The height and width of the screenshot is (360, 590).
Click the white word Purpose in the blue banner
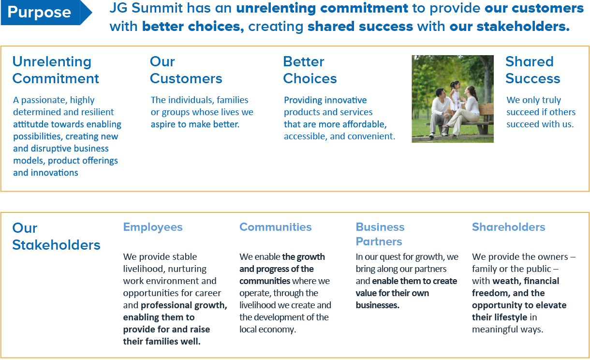click(x=39, y=13)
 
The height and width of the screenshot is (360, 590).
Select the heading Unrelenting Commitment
click(x=56, y=70)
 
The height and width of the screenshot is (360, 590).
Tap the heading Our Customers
click(x=186, y=70)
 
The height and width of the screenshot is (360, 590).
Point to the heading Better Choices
click(x=310, y=70)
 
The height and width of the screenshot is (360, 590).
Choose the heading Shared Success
click(x=532, y=70)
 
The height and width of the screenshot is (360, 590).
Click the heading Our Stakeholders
click(x=57, y=237)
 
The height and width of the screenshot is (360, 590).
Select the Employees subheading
click(x=153, y=227)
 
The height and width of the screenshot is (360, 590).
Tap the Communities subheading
click(x=276, y=227)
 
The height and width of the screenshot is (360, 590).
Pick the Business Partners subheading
click(x=380, y=234)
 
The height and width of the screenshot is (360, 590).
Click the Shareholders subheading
click(x=508, y=227)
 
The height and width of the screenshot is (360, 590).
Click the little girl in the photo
click(x=455, y=96)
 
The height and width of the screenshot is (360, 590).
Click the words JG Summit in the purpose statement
click(x=146, y=8)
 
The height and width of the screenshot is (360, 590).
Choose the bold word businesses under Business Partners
click(x=377, y=305)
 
